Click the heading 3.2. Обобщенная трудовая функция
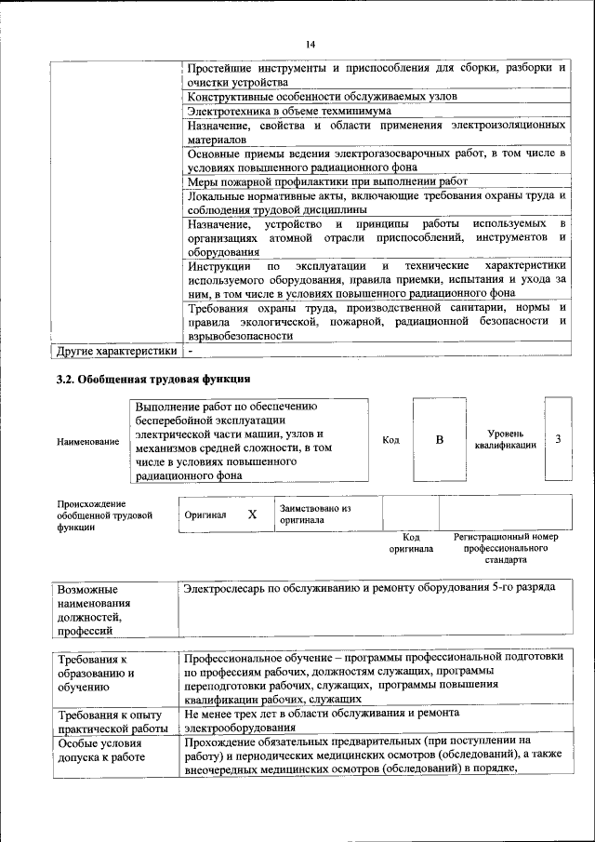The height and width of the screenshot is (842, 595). pyautogui.click(x=153, y=379)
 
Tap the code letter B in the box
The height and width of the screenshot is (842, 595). pyautogui.click(x=439, y=440)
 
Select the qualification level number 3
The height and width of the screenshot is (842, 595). pyautogui.click(x=557, y=438)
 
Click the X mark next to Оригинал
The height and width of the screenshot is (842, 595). pyautogui.click(x=251, y=515)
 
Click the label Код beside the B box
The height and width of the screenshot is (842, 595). pyautogui.click(x=390, y=440)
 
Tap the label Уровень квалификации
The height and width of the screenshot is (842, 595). pyautogui.click(x=505, y=439)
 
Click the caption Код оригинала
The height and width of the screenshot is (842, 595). pyautogui.click(x=411, y=543)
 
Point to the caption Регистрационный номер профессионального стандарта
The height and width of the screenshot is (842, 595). pyautogui.click(x=506, y=549)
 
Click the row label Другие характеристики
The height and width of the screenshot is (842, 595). pyautogui.click(x=116, y=352)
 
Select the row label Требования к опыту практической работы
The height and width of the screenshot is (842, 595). pyautogui.click(x=111, y=722)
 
